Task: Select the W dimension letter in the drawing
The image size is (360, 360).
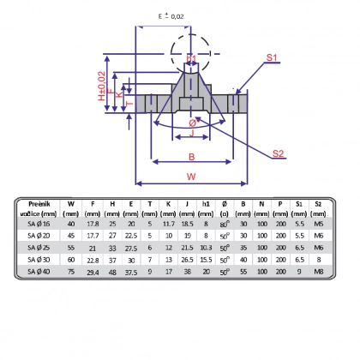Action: pyautogui.click(x=191, y=177)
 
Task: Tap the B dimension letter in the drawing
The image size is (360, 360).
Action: pyautogui.click(x=191, y=156)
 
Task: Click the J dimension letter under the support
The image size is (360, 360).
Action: pyautogui.click(x=192, y=134)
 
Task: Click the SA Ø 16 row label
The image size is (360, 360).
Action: pyautogui.click(x=39, y=223)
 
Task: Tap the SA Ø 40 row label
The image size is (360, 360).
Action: pyautogui.click(x=39, y=272)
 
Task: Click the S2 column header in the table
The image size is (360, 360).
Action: pyautogui.click(x=319, y=204)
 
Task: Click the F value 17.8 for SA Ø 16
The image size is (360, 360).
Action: pyautogui.click(x=93, y=223)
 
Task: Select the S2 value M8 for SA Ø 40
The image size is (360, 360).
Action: pyautogui.click(x=319, y=272)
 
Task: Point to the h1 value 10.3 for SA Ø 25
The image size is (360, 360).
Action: pyautogui.click(x=206, y=247)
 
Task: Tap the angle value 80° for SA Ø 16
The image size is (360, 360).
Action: pyautogui.click(x=225, y=223)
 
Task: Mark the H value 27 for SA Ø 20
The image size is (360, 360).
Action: pyautogui.click(x=112, y=235)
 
